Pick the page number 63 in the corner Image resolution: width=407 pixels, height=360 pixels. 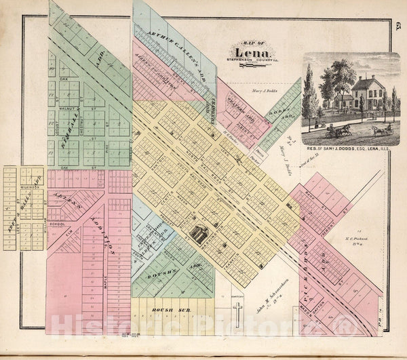397,26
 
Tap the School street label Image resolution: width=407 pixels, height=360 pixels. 57,223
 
